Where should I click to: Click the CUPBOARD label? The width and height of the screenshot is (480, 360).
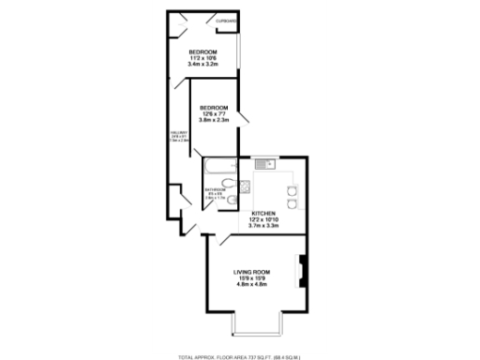[225, 21]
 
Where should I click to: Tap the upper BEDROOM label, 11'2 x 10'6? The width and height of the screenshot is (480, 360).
[202, 51]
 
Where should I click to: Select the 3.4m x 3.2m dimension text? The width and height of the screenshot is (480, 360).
[202, 65]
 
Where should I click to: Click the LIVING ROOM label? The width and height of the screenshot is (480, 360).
[250, 272]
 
